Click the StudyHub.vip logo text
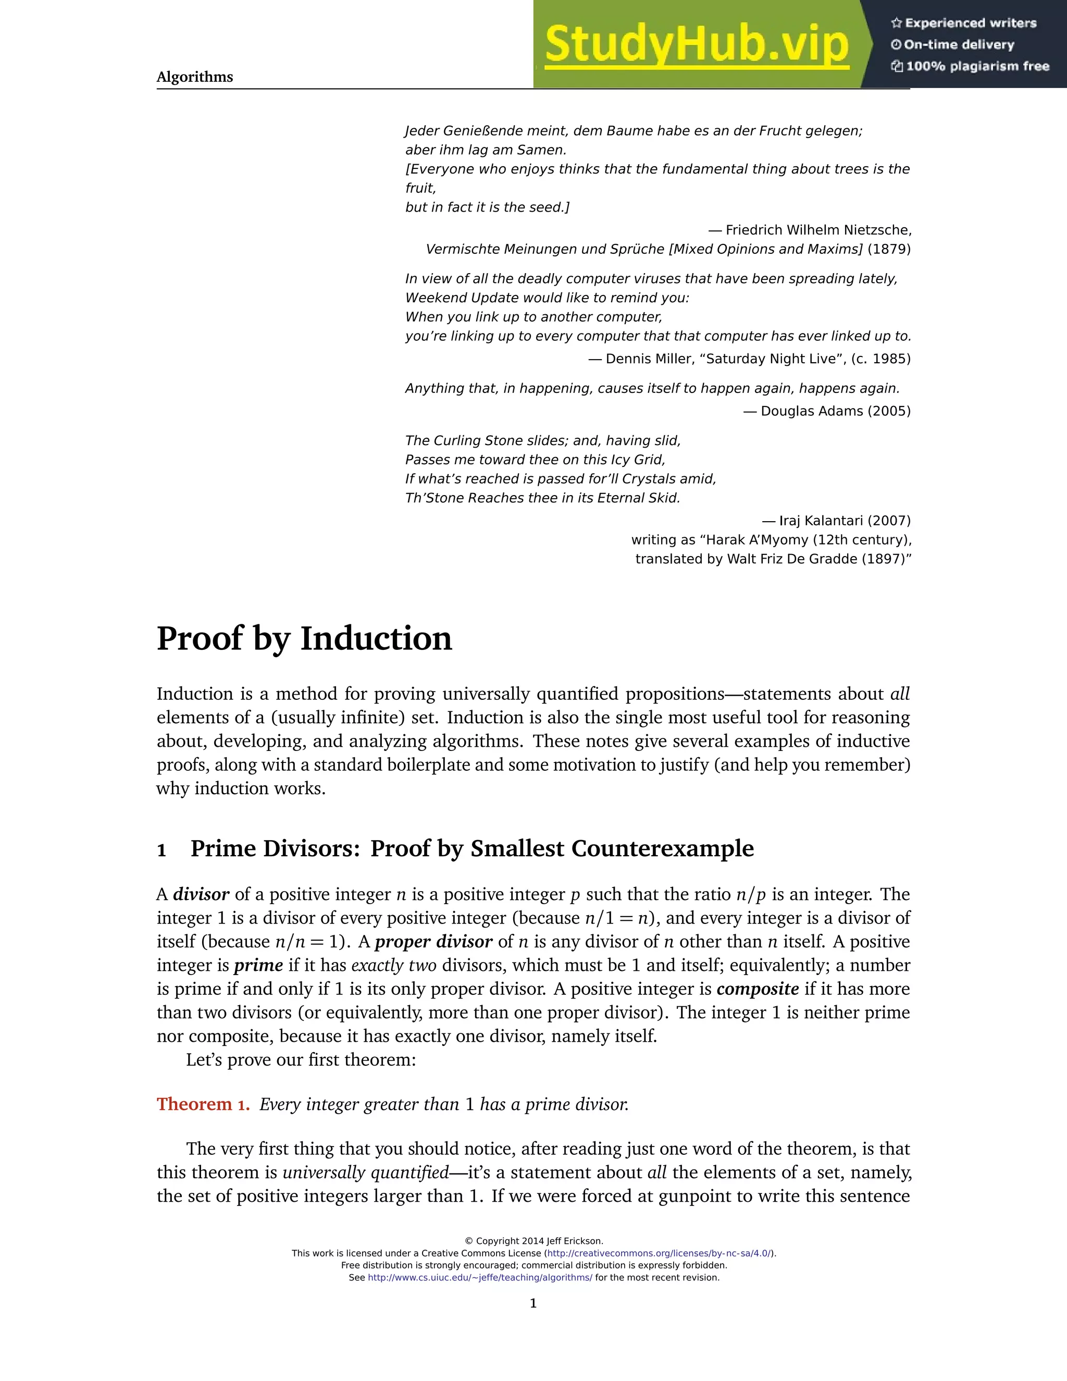point(696,44)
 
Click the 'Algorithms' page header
point(195,77)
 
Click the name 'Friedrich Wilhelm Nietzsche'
point(817,230)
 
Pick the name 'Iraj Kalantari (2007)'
point(845,521)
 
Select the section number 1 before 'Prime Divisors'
point(162,850)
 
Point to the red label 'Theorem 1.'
point(203,1104)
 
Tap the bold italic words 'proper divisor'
point(433,942)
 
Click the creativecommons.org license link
point(659,1253)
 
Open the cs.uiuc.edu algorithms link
point(480,1277)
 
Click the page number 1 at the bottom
point(533,1303)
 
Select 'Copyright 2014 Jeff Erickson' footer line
point(534,1241)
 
